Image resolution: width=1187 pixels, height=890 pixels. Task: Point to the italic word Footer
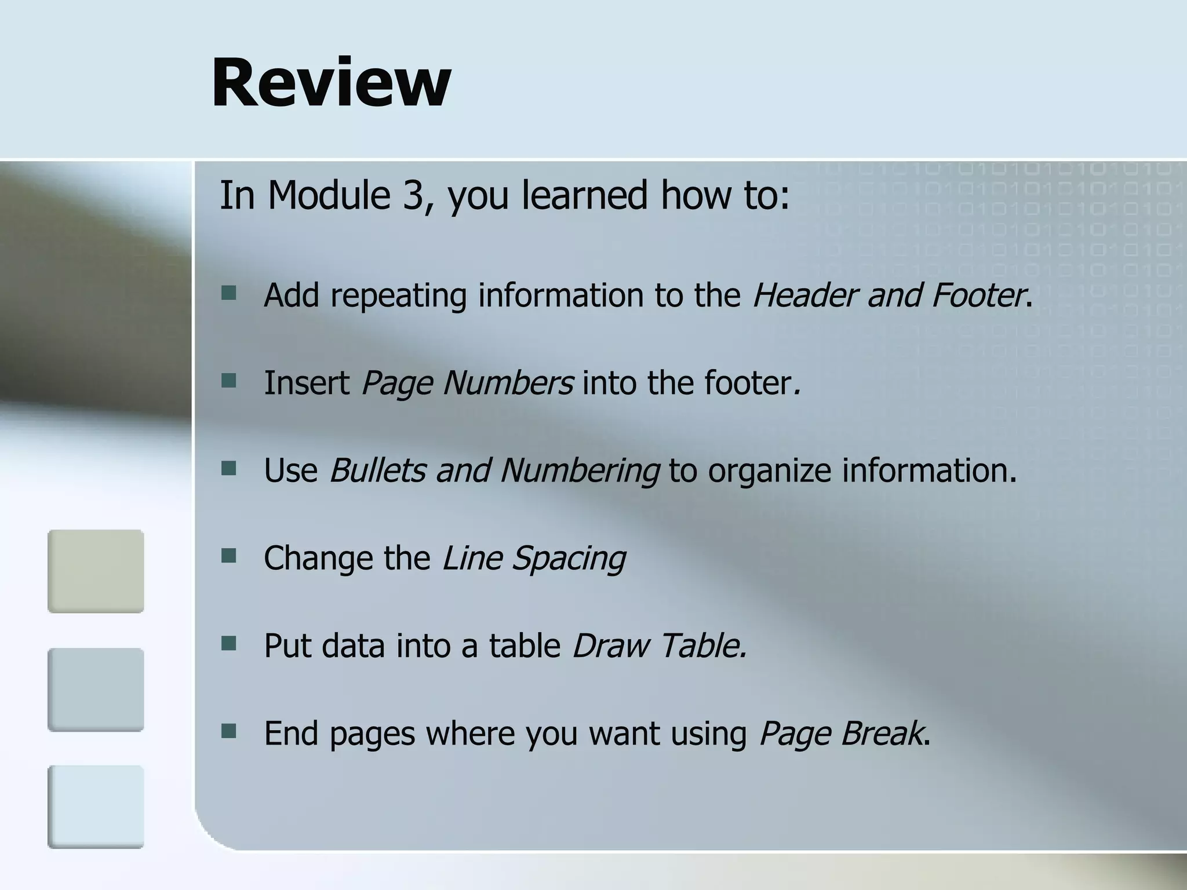click(978, 295)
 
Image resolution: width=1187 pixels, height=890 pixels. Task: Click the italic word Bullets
click(377, 470)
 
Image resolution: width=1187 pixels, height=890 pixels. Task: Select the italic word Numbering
click(579, 471)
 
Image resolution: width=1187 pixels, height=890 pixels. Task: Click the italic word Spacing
click(569, 559)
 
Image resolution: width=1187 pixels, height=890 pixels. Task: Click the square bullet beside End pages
click(228, 731)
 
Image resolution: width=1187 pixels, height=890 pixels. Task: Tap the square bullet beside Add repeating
click(228, 293)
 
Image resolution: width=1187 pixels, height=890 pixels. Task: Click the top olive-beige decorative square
click(96, 571)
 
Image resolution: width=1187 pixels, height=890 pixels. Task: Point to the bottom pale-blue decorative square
click(96, 807)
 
